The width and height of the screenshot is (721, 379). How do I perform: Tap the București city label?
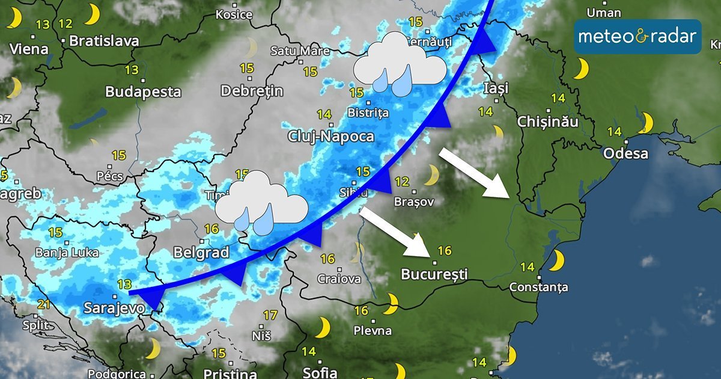[434, 274]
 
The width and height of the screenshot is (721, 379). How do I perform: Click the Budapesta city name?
[143, 92]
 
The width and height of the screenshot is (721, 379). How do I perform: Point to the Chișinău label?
[548, 122]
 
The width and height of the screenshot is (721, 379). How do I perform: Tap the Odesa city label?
[625, 153]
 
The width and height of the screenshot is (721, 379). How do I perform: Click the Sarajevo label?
[114, 308]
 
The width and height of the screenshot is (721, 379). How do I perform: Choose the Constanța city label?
[538, 288]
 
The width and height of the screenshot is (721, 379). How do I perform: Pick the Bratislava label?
[104, 41]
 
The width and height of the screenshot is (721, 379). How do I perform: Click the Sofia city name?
[320, 372]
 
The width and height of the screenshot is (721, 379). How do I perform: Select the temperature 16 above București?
[445, 250]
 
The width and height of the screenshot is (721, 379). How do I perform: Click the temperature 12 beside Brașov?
[402, 181]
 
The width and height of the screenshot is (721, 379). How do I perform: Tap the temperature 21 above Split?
[43, 304]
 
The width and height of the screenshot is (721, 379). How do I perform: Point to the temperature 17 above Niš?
[270, 315]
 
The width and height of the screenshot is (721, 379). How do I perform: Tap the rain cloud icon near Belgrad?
[261, 202]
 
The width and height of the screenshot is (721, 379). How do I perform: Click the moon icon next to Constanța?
[557, 260]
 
